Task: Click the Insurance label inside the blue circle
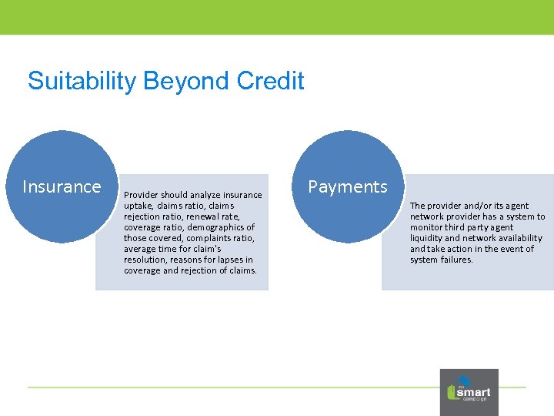pos(62,186)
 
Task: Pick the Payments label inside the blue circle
pos(348,186)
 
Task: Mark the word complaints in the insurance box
pos(207,238)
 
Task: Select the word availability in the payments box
pos(518,238)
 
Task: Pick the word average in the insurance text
pos(141,249)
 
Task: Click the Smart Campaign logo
pos(469,392)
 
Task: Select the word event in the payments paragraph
pos(502,249)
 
